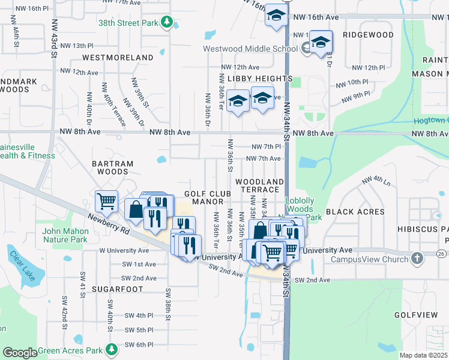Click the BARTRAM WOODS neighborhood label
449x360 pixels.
110,167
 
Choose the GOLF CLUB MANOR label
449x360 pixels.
208,197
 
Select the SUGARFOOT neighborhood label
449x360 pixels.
118,289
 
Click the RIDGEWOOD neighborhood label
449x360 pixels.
368,35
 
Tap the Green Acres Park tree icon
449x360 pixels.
111,349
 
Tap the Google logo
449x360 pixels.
20,352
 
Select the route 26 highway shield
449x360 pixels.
441,254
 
